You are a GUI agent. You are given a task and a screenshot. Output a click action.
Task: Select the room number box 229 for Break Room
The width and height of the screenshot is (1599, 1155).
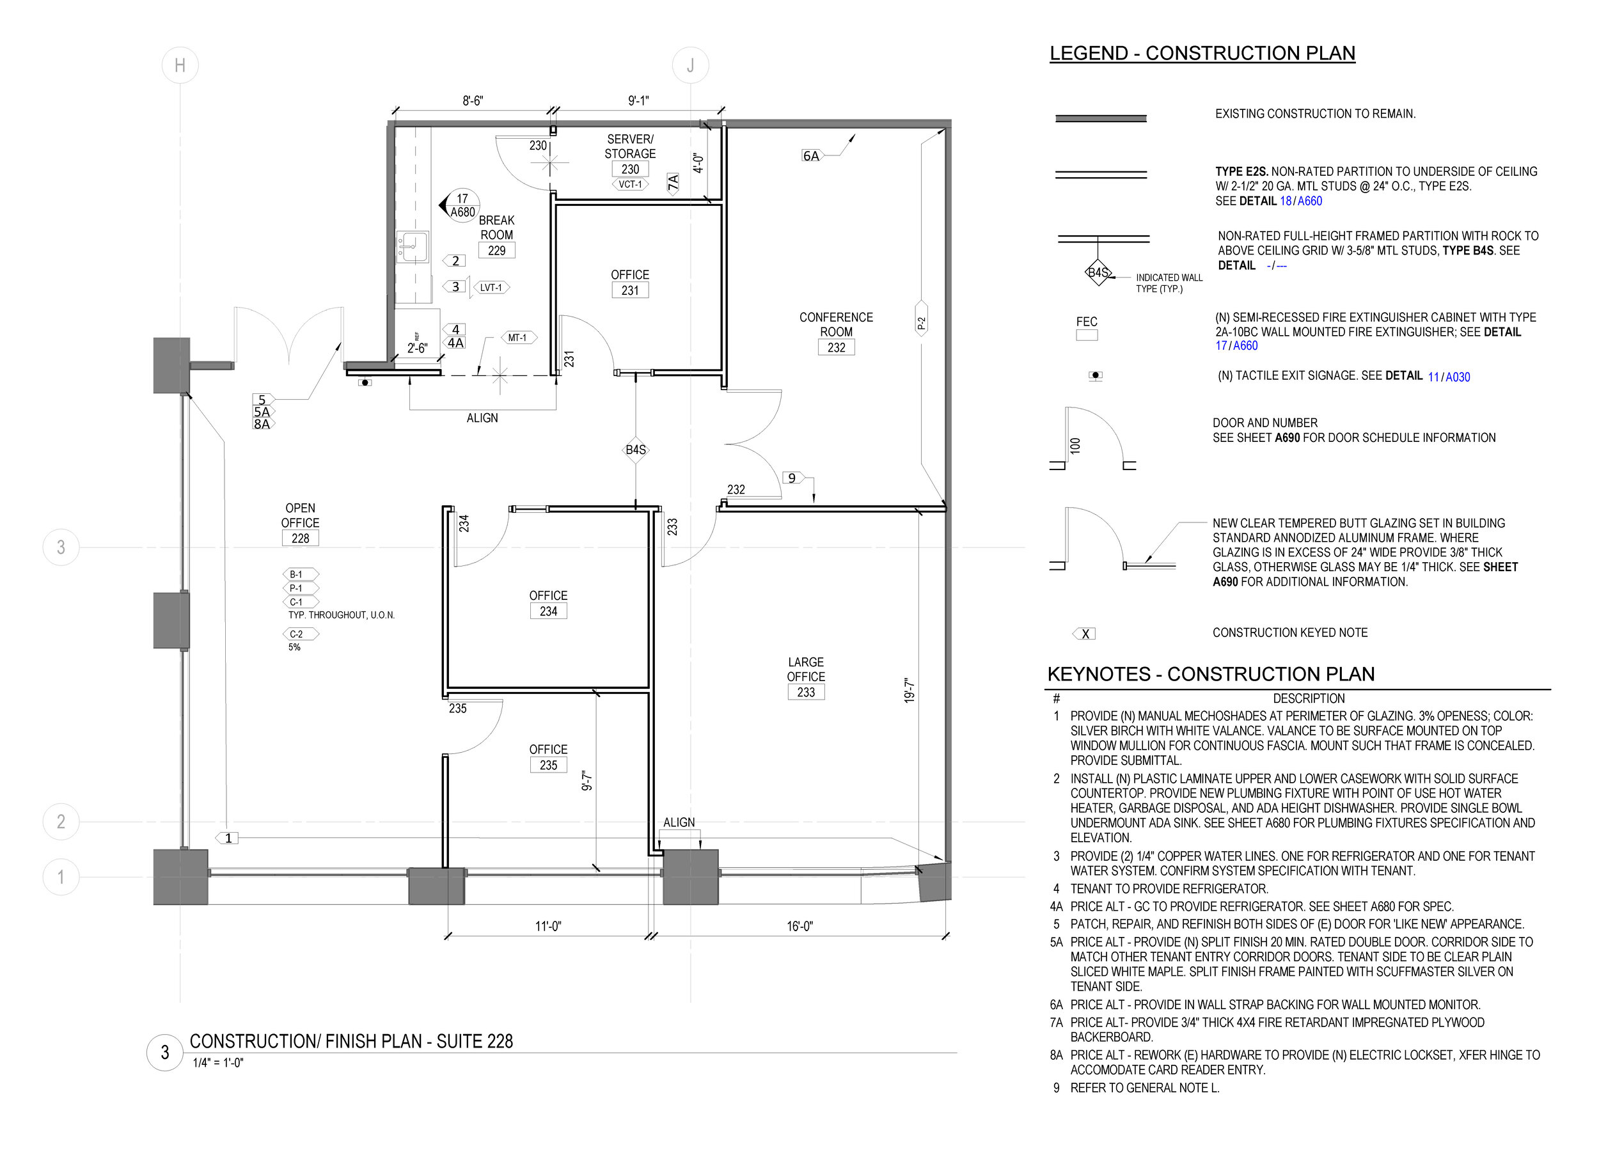coord(496,250)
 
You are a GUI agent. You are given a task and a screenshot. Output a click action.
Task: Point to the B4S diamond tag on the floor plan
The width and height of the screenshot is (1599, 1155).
coord(636,450)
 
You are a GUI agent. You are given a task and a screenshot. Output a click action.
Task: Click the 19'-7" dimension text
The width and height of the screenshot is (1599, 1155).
coord(910,690)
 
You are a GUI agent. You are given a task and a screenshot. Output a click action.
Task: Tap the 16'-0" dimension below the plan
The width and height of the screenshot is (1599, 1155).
coord(799,926)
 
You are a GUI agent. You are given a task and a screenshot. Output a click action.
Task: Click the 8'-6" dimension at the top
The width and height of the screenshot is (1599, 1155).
coord(473,101)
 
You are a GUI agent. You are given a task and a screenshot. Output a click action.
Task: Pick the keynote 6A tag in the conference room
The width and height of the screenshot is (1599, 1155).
coord(812,156)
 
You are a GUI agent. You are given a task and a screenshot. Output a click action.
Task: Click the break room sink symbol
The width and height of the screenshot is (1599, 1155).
coord(413,246)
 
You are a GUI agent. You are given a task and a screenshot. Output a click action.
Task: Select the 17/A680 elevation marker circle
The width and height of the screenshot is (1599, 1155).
coord(462,205)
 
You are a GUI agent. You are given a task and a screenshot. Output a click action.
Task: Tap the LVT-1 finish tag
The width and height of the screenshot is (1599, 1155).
coord(491,288)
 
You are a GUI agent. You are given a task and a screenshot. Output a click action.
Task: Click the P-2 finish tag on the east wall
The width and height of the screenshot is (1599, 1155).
coord(921,324)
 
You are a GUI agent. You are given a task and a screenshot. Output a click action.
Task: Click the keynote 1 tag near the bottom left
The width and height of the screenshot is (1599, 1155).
coord(227,838)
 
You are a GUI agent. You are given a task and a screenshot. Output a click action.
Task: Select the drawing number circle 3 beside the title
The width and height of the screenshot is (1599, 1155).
coord(165,1053)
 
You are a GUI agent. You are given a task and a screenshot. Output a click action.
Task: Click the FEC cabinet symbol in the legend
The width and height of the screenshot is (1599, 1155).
coord(1087,336)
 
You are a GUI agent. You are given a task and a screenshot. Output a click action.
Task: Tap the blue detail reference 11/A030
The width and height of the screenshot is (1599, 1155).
coord(1449,377)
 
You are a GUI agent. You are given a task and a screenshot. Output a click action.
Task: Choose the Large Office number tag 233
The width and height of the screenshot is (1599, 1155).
coord(806,693)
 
